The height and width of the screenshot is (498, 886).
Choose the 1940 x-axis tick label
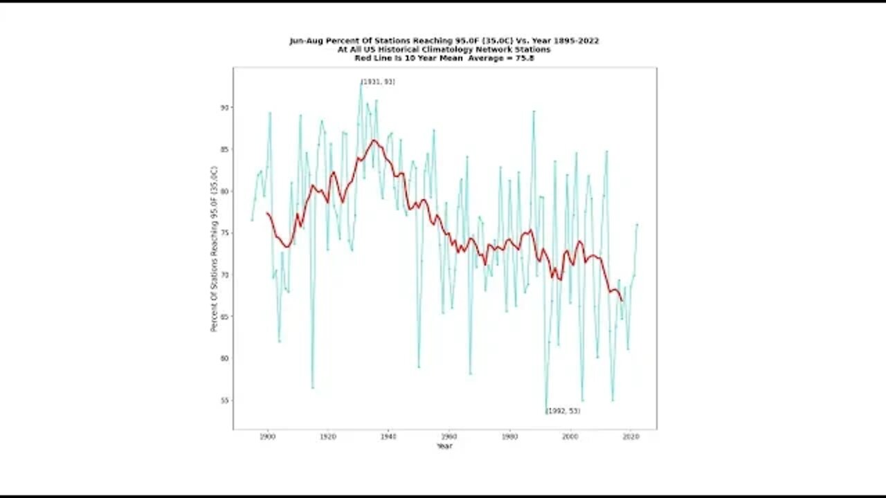[388, 437]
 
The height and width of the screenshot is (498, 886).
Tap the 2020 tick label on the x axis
[631, 437]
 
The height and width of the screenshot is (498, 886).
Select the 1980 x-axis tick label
[509, 437]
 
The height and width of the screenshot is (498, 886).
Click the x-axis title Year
[444, 446]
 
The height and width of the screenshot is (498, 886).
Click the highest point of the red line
[374, 140]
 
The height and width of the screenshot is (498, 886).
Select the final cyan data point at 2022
[637, 224]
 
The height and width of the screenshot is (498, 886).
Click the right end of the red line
[622, 300]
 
